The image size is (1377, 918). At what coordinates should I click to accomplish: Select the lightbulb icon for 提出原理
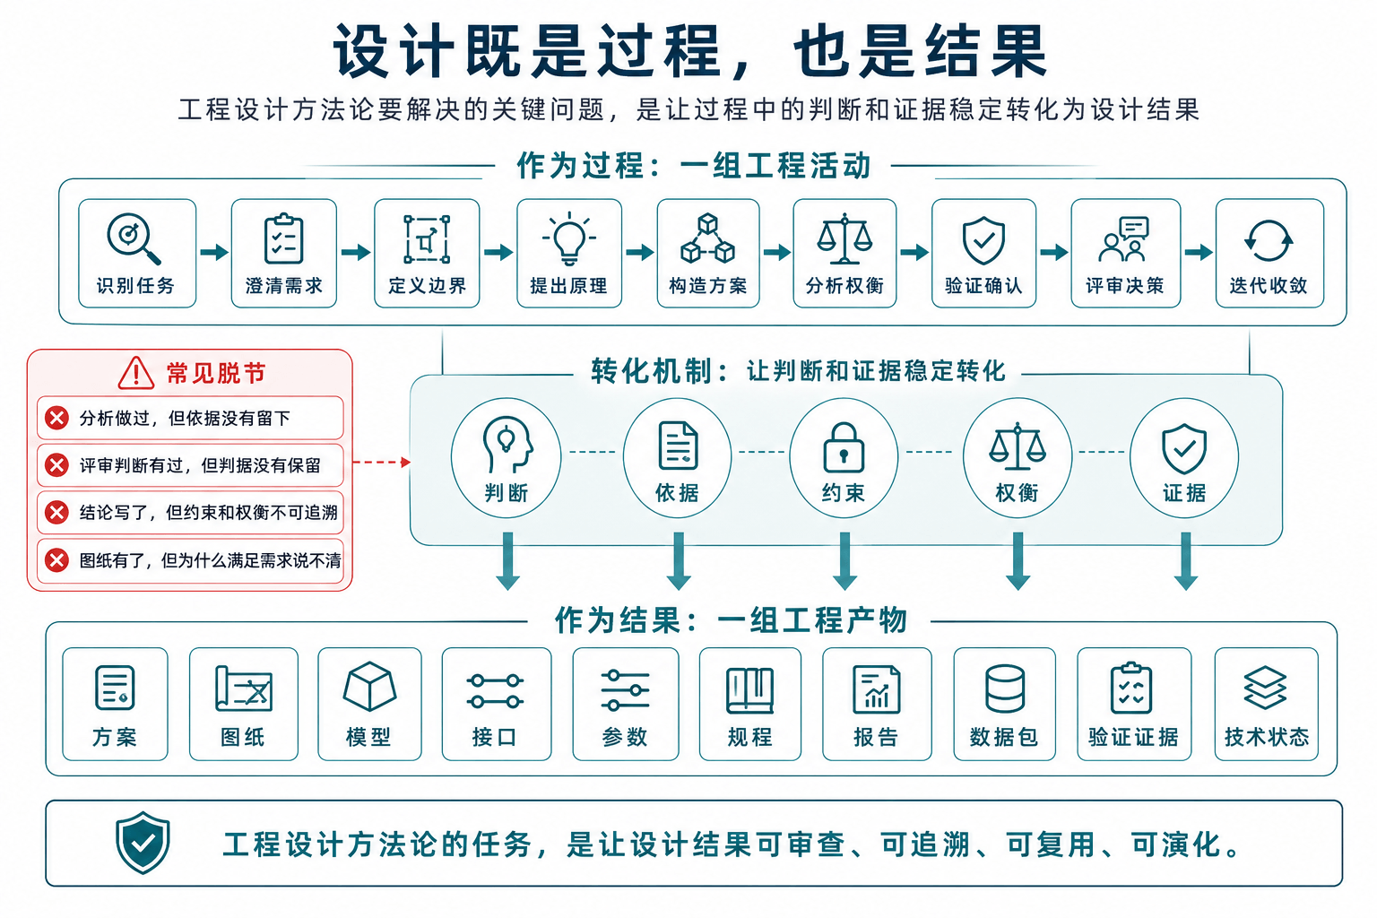569,238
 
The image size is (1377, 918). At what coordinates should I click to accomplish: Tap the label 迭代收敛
1269,286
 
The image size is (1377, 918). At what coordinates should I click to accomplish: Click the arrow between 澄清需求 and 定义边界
355,252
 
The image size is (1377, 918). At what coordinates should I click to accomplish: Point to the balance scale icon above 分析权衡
844,238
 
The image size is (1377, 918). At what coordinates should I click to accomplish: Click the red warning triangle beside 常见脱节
136,373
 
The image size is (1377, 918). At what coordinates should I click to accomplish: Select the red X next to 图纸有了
57,560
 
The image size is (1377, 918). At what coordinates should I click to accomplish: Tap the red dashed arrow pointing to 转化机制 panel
381,462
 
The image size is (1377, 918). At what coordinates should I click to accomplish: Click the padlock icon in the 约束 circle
844,447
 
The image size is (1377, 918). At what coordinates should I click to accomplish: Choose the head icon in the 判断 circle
507,444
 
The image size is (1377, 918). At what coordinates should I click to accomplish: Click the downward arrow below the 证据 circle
1186,561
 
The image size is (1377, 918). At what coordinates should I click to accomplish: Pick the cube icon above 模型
368,686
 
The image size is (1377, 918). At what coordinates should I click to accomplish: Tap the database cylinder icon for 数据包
1004,688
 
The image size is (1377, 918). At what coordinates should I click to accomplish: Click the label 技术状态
1267,737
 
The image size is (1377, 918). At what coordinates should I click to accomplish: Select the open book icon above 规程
750,690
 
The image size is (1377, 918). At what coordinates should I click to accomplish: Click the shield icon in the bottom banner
143,843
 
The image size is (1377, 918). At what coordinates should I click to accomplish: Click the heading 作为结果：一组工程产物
731,619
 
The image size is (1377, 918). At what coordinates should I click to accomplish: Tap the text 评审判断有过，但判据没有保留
201,465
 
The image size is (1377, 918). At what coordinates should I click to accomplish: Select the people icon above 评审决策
1123,239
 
